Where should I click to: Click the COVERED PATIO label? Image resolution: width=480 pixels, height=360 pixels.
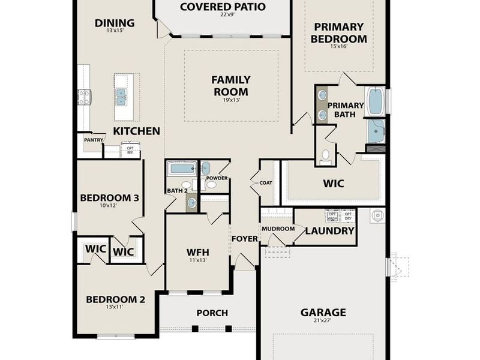coord(223,7)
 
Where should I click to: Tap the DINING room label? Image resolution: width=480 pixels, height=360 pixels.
coord(115,23)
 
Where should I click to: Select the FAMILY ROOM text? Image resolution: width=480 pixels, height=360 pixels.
coord(230,86)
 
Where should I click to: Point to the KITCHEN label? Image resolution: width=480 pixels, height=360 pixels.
coord(136,131)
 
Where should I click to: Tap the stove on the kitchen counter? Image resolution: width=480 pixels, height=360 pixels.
coord(83,97)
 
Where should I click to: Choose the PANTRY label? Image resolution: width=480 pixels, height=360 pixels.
coord(94,140)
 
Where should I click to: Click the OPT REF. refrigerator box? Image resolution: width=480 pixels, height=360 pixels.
coord(130,150)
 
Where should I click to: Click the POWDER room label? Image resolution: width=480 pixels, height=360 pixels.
coord(216,178)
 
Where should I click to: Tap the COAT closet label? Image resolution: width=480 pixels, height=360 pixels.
coord(266,184)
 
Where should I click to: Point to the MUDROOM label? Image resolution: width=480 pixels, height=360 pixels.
coord(278,229)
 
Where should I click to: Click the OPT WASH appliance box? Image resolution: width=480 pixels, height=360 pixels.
coord(332,216)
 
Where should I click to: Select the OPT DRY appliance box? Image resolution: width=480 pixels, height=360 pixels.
coord(348,216)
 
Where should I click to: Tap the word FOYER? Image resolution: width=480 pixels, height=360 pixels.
coord(244,239)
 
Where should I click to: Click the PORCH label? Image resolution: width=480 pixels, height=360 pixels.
coord(212,313)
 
